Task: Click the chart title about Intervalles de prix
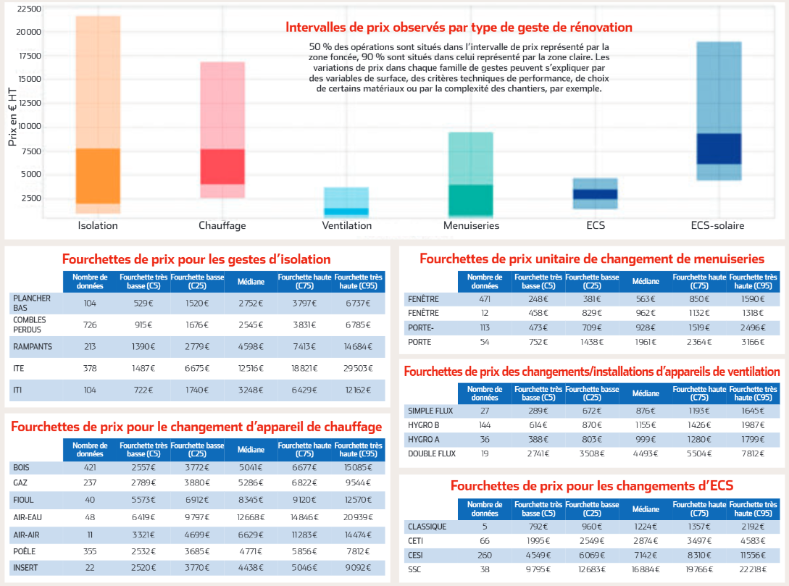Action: [x=459, y=28]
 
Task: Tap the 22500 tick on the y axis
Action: [x=29, y=9]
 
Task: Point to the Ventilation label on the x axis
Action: [x=347, y=225]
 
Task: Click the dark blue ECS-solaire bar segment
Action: [x=718, y=148]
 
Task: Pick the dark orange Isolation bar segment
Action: [x=98, y=176]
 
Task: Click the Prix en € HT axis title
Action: [x=12, y=117]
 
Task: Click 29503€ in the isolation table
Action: [x=358, y=368]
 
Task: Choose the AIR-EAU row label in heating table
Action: [x=27, y=517]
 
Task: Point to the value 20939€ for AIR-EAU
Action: [x=358, y=517]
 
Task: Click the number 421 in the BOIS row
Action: [x=90, y=467]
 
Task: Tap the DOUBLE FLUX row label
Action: [x=430, y=453]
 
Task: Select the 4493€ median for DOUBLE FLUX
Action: [x=645, y=453]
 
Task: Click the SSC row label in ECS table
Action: [x=415, y=569]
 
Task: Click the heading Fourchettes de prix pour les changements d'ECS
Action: [x=592, y=485]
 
